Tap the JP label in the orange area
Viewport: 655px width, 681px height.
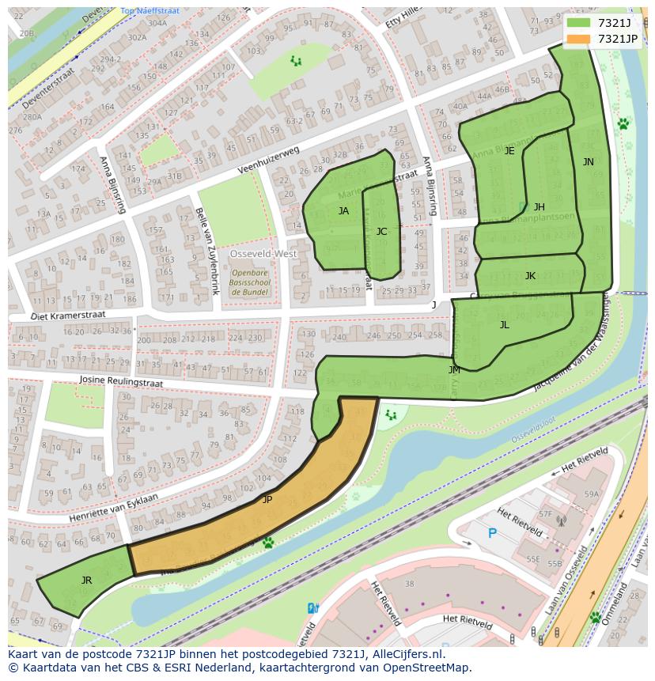pos(267,500)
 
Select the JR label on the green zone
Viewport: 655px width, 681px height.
pos(86,581)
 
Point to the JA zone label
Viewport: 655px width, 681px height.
pos(343,211)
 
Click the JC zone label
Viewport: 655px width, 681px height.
pos(381,232)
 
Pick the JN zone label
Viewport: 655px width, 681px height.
pos(588,162)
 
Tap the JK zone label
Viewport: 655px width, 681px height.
pos(530,276)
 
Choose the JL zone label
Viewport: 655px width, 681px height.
pos(504,325)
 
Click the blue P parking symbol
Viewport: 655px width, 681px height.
pos(491,533)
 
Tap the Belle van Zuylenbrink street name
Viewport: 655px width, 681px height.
pos(205,244)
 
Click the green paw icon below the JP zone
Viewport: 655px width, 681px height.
pos(268,543)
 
